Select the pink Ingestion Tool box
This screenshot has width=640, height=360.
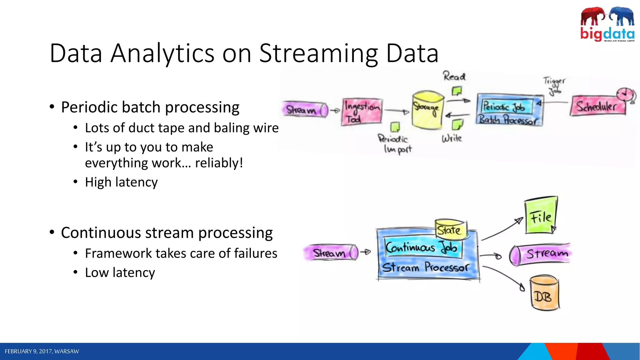(362, 112)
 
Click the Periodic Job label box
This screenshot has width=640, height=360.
(507, 107)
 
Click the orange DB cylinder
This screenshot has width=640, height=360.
(545, 293)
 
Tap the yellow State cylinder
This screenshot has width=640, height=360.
(450, 229)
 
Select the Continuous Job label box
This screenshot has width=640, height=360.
(422, 247)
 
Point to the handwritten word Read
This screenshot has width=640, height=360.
(454, 76)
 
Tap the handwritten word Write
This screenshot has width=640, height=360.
(452, 138)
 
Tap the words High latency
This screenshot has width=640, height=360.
(121, 182)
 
